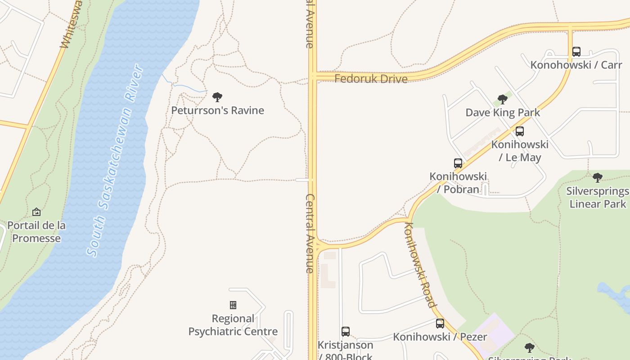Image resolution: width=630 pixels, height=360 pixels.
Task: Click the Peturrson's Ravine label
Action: pyautogui.click(x=217, y=110)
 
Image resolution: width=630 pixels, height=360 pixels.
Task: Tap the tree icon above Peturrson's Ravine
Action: pyautogui.click(x=217, y=97)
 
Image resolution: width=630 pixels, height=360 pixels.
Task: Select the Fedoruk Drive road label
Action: pyautogui.click(x=371, y=79)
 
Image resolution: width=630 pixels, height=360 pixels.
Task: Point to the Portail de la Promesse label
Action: pyautogui.click(x=36, y=231)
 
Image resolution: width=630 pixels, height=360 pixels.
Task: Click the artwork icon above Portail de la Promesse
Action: pyautogui.click(x=36, y=212)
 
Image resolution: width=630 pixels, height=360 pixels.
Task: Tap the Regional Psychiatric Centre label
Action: pyautogui.click(x=233, y=325)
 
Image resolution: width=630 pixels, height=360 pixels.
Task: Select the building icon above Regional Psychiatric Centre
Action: pyautogui.click(x=233, y=305)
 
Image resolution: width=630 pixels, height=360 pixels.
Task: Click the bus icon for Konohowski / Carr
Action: pyautogui.click(x=576, y=52)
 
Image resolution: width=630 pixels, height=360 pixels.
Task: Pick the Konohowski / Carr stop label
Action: pyautogui.click(x=576, y=65)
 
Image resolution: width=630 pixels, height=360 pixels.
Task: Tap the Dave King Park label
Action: pyautogui.click(x=503, y=112)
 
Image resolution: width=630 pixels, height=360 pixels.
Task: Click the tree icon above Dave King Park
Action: pyautogui.click(x=503, y=99)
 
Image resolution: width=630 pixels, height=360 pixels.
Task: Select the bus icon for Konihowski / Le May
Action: pyautogui.click(x=520, y=131)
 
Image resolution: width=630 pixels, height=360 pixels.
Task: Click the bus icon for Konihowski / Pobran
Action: pyautogui.click(x=458, y=163)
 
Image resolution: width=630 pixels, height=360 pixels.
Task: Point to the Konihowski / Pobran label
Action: pyautogui.click(x=458, y=183)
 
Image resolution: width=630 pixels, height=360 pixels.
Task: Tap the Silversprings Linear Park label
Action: pyautogui.click(x=598, y=198)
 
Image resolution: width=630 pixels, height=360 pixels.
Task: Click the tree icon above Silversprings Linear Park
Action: pyautogui.click(x=598, y=178)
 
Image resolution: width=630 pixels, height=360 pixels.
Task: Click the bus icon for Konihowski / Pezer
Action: pyautogui.click(x=440, y=323)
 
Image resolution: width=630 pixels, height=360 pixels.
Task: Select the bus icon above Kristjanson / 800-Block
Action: pyautogui.click(x=346, y=332)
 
